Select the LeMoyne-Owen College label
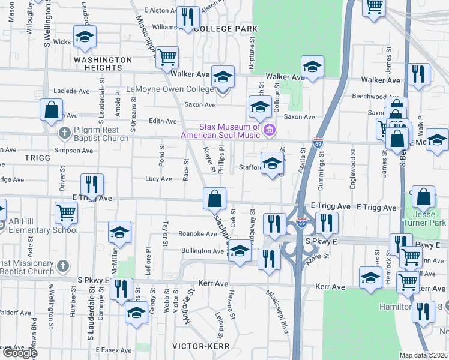[x=170, y=89]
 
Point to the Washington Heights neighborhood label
[x=103, y=64]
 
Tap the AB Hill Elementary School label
[x=43, y=225]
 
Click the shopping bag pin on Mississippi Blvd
[x=214, y=198]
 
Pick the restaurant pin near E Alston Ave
[x=189, y=18]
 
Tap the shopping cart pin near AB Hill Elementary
[x=66, y=212]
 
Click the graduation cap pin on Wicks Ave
[x=85, y=37]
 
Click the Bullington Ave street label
[x=202, y=250]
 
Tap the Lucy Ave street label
[x=158, y=179]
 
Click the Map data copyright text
[x=424, y=355]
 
